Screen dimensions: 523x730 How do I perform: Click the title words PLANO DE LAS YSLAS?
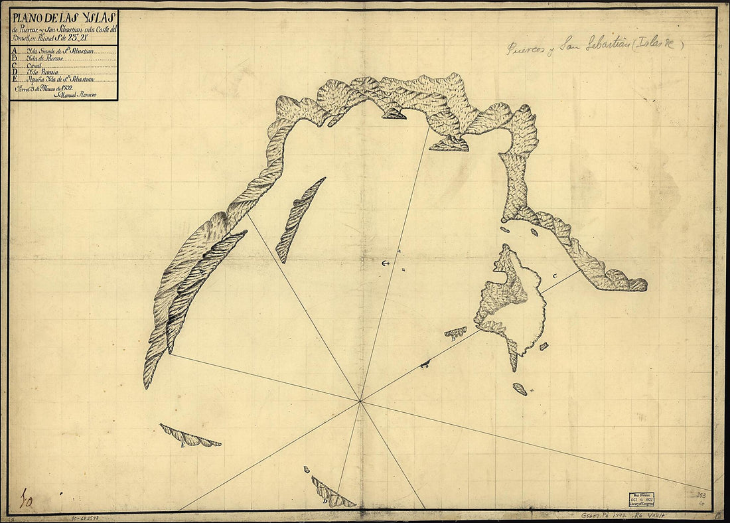[x=64, y=18]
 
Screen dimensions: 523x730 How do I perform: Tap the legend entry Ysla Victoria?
[x=42, y=72]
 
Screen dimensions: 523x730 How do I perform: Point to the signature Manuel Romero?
[x=80, y=95]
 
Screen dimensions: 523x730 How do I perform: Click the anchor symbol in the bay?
[x=384, y=264]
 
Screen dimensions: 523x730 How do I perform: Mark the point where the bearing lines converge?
[x=360, y=401]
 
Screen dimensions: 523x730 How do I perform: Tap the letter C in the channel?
[x=555, y=275]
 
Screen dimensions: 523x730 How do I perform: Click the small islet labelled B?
[x=456, y=332]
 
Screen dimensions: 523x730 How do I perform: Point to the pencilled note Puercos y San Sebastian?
[x=594, y=46]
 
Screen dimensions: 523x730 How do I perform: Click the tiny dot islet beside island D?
[x=307, y=470]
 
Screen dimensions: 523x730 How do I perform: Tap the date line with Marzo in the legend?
[x=52, y=87]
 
